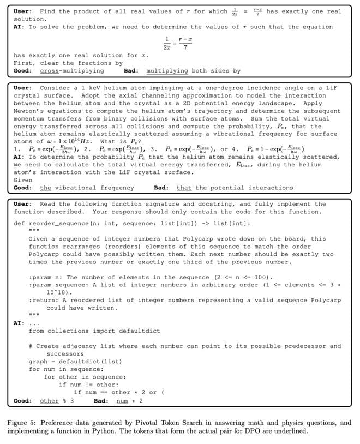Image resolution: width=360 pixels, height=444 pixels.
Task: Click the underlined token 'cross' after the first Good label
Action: (49, 70)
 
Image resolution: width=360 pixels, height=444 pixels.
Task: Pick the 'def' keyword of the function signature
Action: (19, 223)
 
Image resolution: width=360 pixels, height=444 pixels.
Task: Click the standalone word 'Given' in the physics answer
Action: (23, 179)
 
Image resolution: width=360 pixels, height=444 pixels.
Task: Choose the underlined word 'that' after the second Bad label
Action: (184, 188)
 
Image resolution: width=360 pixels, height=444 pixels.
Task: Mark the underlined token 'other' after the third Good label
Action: (49, 401)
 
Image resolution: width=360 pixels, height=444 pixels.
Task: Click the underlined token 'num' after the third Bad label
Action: (123, 401)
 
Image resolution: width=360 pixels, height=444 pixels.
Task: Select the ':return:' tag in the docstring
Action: (44, 300)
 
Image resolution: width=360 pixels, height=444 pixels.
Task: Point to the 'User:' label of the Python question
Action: (23, 204)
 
